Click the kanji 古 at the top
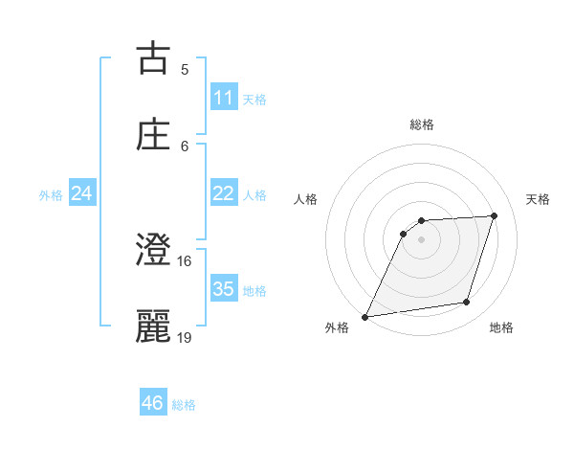154,58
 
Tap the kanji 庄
154,135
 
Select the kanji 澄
154,251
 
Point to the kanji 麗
154,326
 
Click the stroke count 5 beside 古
185,69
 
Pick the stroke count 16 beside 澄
185,260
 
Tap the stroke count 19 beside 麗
185,337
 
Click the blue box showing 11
224,98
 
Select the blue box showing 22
224,193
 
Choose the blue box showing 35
224,289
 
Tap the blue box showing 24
82,193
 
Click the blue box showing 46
153,403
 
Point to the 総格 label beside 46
184,405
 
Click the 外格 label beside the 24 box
51,194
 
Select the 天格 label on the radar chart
539,199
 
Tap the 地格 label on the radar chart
501,328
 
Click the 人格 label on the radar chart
305,199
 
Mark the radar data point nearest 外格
364,317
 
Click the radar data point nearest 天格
495,215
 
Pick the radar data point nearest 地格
467,303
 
